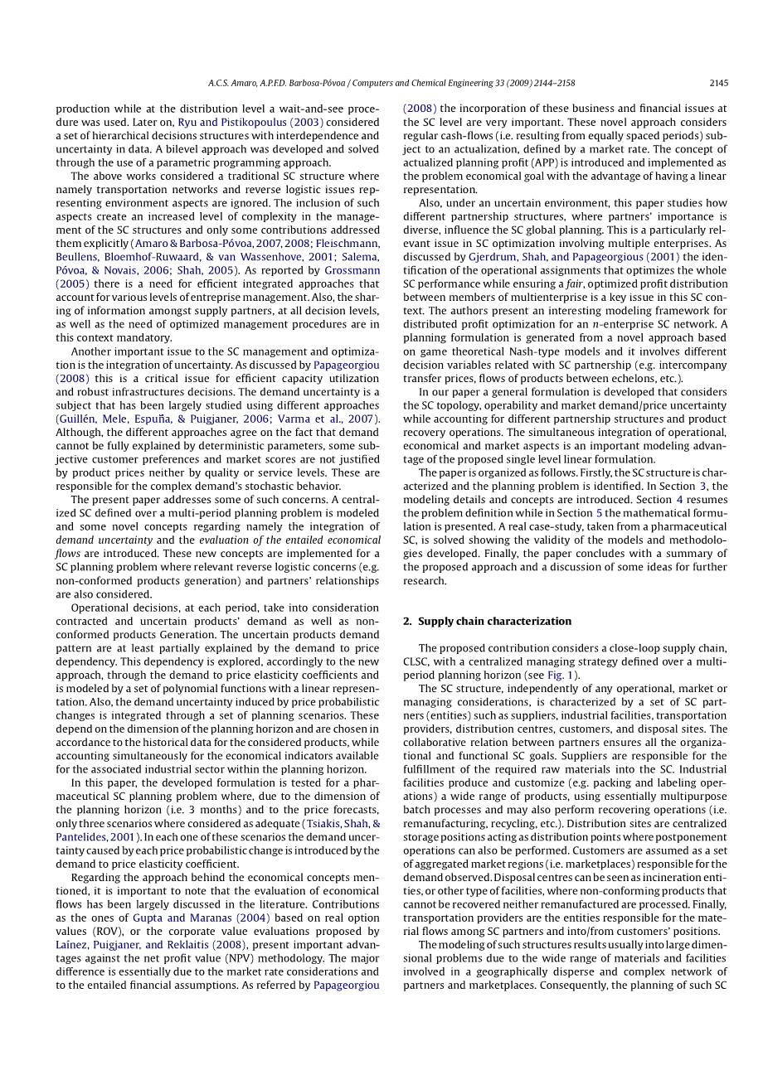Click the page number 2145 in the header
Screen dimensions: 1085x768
pyautogui.click(x=718, y=83)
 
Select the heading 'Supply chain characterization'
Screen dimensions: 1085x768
pyautogui.click(x=494, y=621)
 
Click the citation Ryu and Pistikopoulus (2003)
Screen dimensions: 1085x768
pyautogui.click(x=250, y=122)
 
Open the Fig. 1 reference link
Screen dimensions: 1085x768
pyautogui.click(x=561, y=675)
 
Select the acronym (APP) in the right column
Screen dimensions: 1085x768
pyautogui.click(x=549, y=162)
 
